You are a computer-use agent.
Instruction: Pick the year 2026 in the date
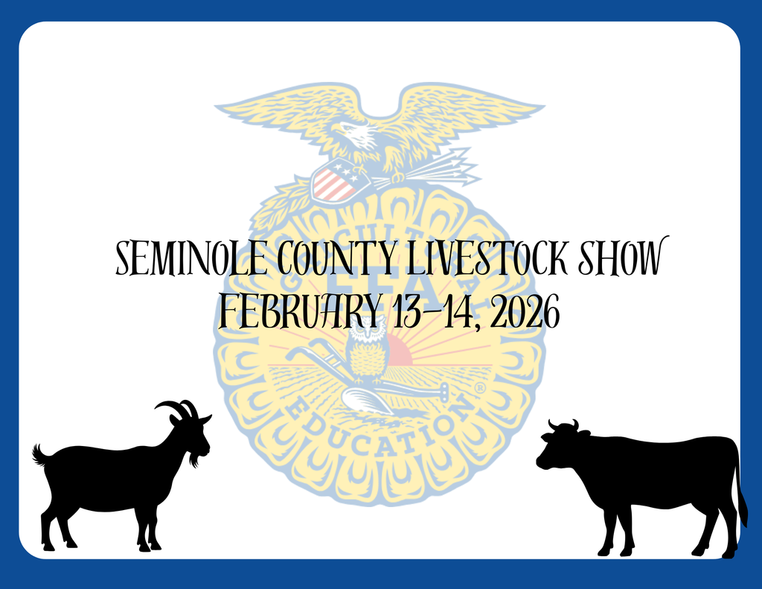click(x=525, y=313)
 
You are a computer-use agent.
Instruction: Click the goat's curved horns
click(x=179, y=408)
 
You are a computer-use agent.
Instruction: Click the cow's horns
click(x=563, y=425)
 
